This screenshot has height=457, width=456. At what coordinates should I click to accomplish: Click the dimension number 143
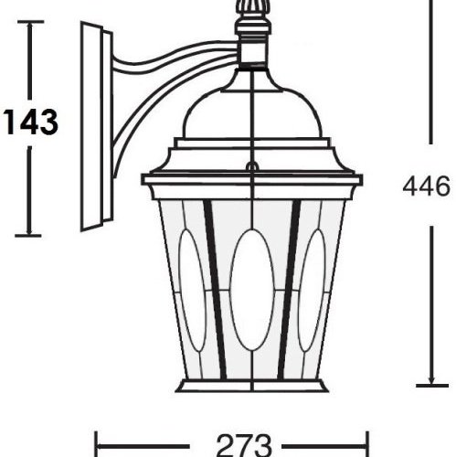pos(30,121)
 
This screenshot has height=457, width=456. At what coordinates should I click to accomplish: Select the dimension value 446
pos(425,186)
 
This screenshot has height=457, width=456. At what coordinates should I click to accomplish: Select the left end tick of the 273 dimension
pos(97,445)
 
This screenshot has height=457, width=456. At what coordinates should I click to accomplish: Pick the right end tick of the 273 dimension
pos(366,445)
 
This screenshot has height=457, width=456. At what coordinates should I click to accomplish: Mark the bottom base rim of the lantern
pos(251,385)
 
